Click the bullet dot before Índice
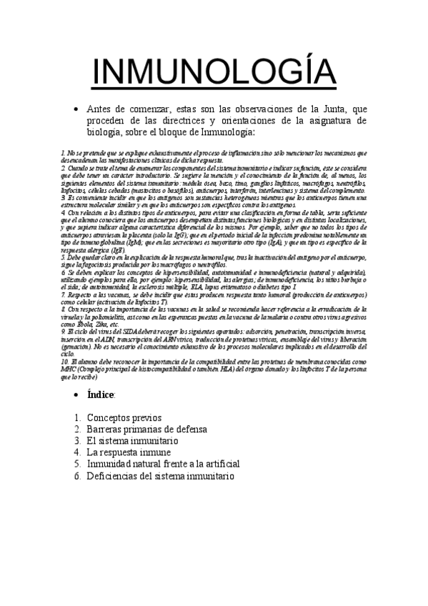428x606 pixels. point(76,394)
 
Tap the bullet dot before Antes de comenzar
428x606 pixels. point(76,108)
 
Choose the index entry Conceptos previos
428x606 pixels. point(124,417)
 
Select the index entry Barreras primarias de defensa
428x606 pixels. point(146,429)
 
